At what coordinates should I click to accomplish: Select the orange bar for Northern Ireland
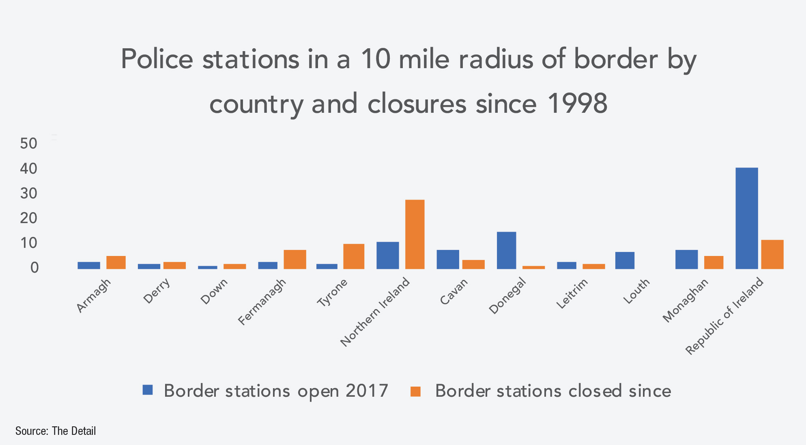click(415, 234)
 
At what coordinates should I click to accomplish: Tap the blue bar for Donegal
click(506, 250)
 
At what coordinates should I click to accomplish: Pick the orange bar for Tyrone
click(354, 256)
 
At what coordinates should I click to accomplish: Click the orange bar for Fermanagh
click(295, 259)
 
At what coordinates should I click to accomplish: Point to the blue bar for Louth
click(625, 260)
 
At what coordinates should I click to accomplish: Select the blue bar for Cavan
click(448, 259)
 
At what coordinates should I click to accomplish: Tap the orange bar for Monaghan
click(714, 262)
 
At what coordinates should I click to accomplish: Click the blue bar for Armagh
click(89, 265)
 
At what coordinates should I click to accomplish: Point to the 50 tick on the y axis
click(28, 143)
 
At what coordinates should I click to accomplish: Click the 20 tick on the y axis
click(28, 218)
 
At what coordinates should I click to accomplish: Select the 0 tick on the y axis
click(34, 268)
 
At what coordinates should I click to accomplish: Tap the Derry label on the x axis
click(157, 291)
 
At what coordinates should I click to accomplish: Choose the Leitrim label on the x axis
click(572, 294)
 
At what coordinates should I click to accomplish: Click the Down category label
click(214, 292)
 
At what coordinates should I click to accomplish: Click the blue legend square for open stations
click(148, 390)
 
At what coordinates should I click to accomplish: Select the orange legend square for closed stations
click(416, 391)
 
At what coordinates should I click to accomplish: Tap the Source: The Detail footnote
click(56, 431)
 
